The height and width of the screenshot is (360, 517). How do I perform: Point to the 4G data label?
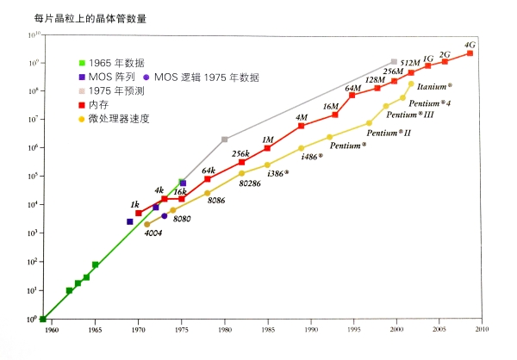point(470,45)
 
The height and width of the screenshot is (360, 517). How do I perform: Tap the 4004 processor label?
point(153,233)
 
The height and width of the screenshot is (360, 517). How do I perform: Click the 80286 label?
point(252,183)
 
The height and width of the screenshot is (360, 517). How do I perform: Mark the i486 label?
point(311,157)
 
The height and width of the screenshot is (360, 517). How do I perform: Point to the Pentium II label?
point(389,133)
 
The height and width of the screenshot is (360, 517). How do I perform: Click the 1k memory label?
point(135,204)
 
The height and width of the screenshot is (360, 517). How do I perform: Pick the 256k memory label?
point(241,153)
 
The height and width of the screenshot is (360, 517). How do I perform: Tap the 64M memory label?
point(353,88)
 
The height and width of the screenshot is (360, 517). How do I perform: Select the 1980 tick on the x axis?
point(224,329)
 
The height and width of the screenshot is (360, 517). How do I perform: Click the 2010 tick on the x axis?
point(481,329)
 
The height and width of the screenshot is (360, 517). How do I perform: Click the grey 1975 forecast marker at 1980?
point(225,140)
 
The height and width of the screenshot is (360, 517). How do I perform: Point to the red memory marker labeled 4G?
point(470,53)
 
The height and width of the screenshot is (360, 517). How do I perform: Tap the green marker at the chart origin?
point(43,319)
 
